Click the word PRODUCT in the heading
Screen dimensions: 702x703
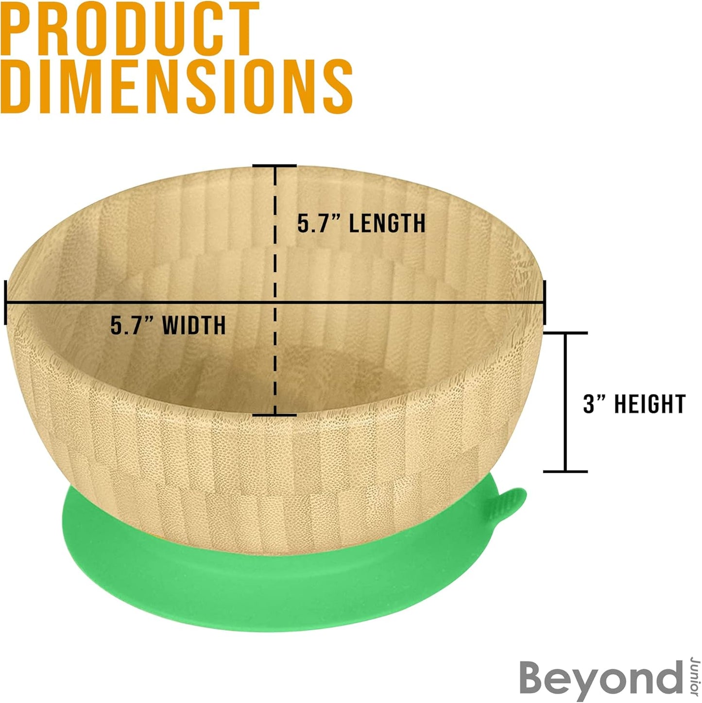(x=130, y=29)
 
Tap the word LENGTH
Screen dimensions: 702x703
(x=387, y=223)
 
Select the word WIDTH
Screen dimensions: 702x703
(x=194, y=325)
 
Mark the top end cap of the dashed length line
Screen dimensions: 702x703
(x=274, y=166)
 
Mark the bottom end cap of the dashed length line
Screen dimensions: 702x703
(x=274, y=415)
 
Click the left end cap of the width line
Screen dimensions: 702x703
(x=5, y=302)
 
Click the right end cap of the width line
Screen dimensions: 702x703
(x=545, y=302)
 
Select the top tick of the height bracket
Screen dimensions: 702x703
(x=565, y=333)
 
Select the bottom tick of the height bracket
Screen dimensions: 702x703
(x=565, y=472)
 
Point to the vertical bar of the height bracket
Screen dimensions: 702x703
(x=565, y=402)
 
